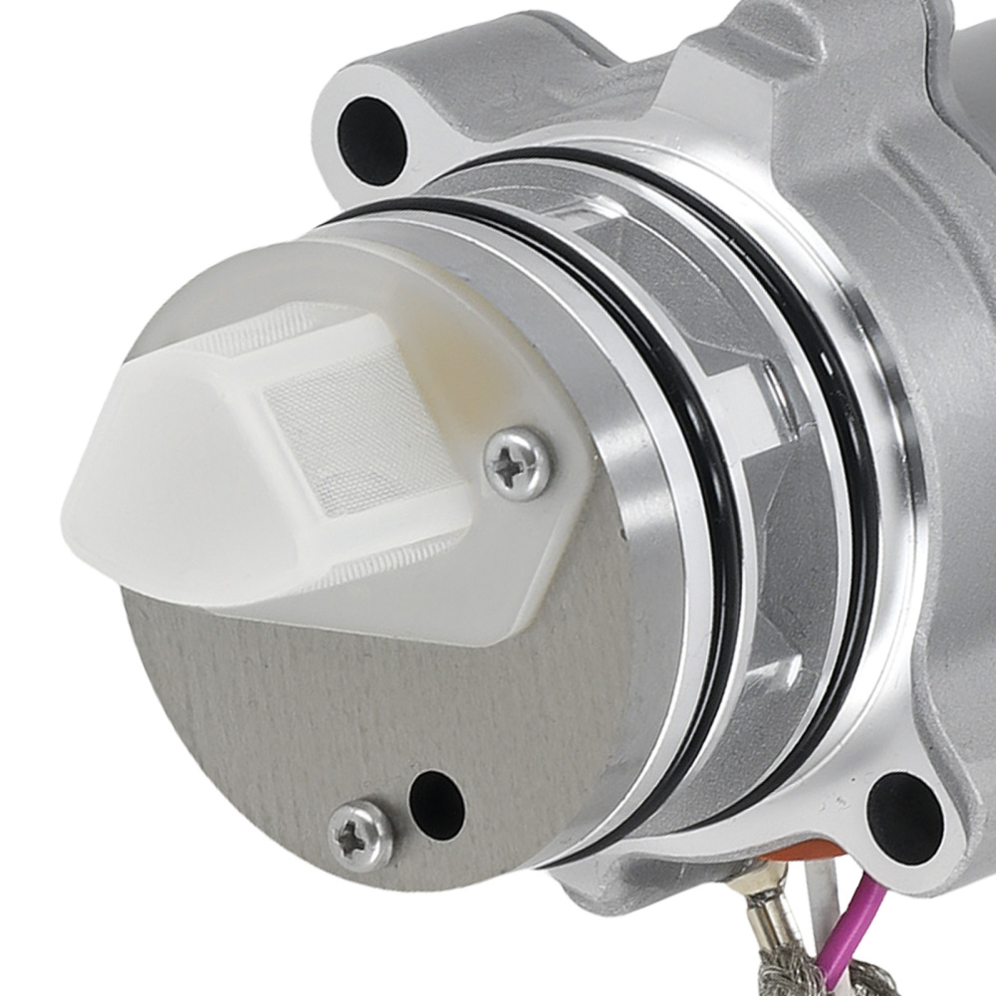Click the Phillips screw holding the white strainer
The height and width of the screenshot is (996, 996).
(x=517, y=462)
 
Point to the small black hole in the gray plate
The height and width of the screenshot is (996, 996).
(x=436, y=797)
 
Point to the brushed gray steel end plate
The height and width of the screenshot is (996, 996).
(x=299, y=717)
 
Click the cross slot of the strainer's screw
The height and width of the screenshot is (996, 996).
(x=517, y=463)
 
